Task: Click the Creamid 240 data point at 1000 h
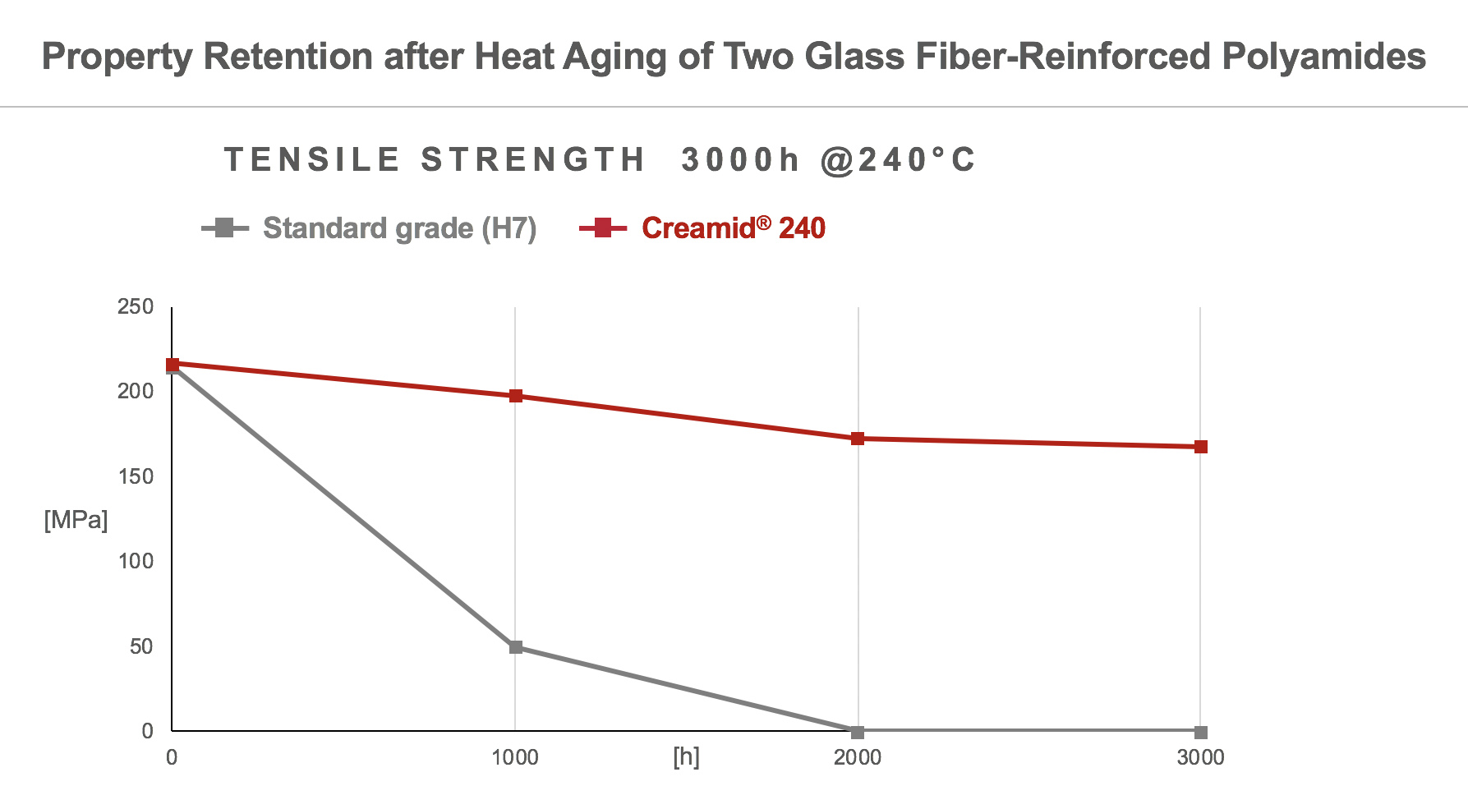516,396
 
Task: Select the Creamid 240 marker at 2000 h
858,439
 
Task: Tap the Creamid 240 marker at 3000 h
1200,447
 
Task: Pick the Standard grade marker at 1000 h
516,647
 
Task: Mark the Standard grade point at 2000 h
858,732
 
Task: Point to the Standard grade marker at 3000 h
1200,732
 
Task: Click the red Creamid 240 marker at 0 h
173,364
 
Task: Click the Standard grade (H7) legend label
399,228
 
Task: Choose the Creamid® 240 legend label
733,228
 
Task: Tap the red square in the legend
603,228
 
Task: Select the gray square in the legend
224,228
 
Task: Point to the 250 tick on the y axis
136,307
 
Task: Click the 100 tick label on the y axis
136,562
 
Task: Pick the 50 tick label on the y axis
140,646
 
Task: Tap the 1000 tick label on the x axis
515,757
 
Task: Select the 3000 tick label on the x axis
1200,757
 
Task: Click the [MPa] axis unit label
76,520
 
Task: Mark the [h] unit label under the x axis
686,756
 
